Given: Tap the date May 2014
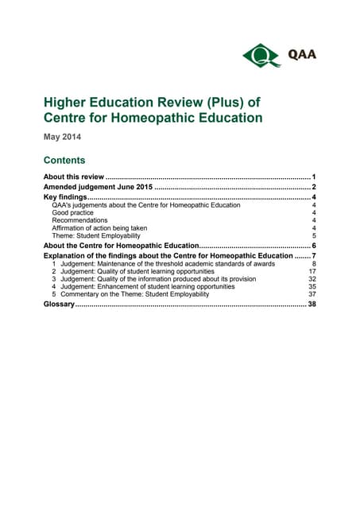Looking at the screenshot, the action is tap(62, 137).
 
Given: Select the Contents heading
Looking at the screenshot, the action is tap(64, 160).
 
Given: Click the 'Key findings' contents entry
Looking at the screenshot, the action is tap(64, 197).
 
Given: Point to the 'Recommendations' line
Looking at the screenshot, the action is tap(79, 220).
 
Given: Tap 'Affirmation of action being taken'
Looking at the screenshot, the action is tap(99, 228).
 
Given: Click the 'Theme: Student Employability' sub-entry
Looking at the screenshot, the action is tap(95, 236).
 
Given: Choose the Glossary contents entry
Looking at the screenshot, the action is tap(59, 305).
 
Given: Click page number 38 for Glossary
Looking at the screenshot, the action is tap(312, 305).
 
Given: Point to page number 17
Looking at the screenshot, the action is tap(312, 271).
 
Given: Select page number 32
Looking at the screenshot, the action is tap(312, 279).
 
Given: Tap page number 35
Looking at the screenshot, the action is tap(312, 286).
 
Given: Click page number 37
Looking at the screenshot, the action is tap(312, 294).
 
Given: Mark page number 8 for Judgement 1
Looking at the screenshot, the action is tap(315, 264).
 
